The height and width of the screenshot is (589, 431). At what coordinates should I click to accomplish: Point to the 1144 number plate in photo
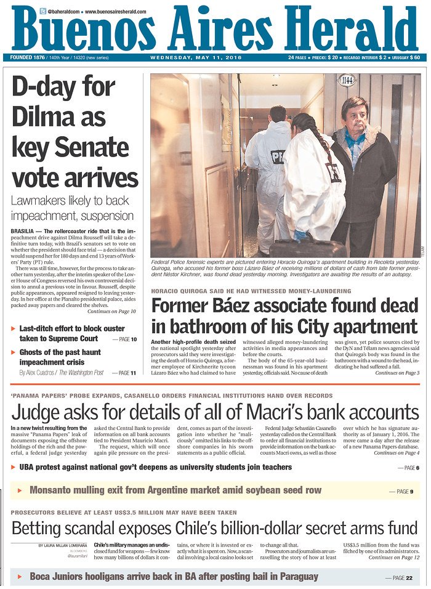[x=347, y=79]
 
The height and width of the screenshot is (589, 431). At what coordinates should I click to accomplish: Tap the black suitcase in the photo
[x=308, y=248]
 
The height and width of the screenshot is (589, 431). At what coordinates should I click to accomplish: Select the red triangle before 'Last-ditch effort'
[x=14, y=329]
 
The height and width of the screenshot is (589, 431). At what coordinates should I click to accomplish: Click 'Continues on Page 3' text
[x=397, y=373]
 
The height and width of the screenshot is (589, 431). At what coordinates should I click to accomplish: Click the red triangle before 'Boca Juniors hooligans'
[x=20, y=577]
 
